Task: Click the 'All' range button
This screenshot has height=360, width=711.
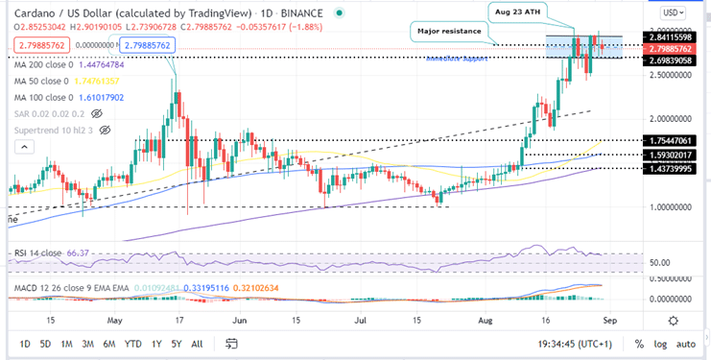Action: (x=197, y=343)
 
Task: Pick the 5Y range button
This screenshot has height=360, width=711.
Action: (x=176, y=343)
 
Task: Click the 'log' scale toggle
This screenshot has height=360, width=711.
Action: (x=659, y=343)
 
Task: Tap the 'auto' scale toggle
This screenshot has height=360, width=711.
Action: (x=688, y=343)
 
